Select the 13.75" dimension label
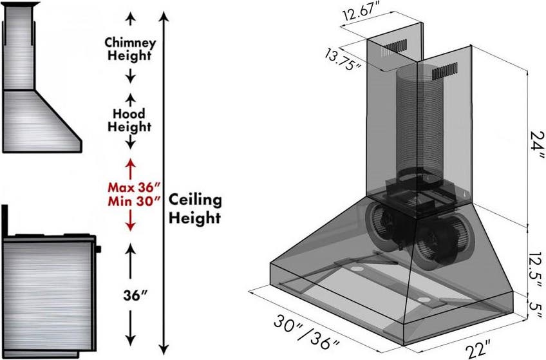pyautogui.click(x=343, y=59)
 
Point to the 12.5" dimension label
pyautogui.click(x=535, y=265)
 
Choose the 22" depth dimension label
pyautogui.click(x=478, y=348)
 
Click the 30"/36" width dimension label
pyautogui.click(x=306, y=332)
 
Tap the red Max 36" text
pyautogui.click(x=134, y=187)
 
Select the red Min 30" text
pyautogui.click(x=134, y=201)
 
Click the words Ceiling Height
pyautogui.click(x=195, y=209)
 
